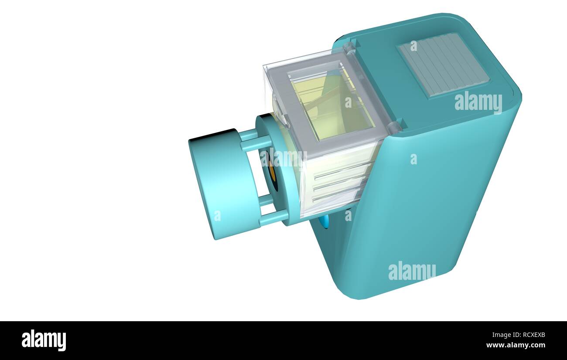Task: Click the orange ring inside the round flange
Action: pos(272,173)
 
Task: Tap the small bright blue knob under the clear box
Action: pos(324,221)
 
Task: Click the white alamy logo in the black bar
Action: pos(44,340)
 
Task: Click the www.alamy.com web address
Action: pos(515,345)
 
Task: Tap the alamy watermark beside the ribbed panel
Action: pos(478,102)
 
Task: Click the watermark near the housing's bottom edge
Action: pos(412,271)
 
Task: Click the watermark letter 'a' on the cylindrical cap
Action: pos(217,216)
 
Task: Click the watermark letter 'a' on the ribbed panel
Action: pos(413,46)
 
